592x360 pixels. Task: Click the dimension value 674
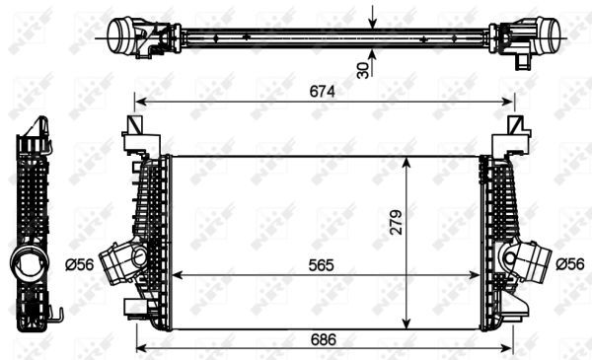click(323, 92)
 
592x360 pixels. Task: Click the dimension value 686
click(323, 338)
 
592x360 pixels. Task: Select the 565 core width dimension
click(323, 265)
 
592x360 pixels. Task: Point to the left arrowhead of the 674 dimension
click(140, 101)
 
